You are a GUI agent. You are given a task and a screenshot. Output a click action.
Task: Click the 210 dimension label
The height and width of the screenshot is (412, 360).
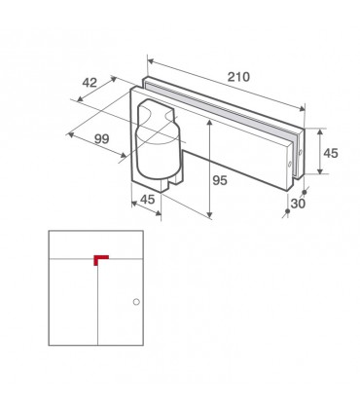[238, 77]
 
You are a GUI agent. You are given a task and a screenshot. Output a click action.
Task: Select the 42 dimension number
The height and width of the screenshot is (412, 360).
[90, 83]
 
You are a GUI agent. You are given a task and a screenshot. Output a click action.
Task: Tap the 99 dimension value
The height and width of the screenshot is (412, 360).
[102, 139]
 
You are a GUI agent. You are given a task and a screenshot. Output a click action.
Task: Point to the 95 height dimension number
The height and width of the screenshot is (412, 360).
[220, 180]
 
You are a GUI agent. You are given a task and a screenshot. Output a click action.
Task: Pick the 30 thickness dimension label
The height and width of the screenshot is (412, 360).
[298, 204]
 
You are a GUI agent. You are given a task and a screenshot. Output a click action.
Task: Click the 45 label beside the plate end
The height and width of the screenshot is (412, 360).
[331, 153]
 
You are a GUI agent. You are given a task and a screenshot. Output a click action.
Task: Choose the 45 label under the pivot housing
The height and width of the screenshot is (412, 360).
[148, 200]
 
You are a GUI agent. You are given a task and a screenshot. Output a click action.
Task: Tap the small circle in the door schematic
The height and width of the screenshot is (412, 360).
[136, 302]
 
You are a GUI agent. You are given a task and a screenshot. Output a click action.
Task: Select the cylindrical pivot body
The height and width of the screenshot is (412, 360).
[158, 153]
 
